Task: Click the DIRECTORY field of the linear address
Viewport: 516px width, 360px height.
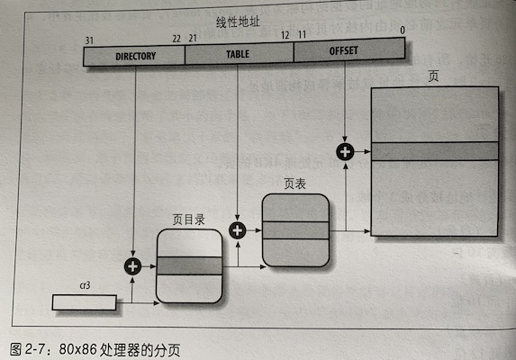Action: (x=135, y=56)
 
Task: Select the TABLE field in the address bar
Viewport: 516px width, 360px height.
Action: (x=239, y=54)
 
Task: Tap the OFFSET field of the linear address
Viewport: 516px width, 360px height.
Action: (x=344, y=51)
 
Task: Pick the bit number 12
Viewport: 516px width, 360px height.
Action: (x=285, y=35)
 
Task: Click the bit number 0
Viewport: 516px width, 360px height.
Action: (x=402, y=30)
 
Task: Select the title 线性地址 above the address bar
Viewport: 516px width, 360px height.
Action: (x=238, y=21)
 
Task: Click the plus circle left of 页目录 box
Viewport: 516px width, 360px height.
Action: (x=133, y=265)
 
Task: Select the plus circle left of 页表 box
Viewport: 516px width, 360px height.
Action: (x=238, y=230)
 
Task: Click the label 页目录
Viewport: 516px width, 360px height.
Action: (x=189, y=219)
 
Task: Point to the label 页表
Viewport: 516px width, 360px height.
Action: (x=294, y=184)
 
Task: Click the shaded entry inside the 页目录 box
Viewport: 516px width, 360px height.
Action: (x=189, y=265)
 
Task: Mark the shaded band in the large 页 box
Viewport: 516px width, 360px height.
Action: (x=435, y=151)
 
